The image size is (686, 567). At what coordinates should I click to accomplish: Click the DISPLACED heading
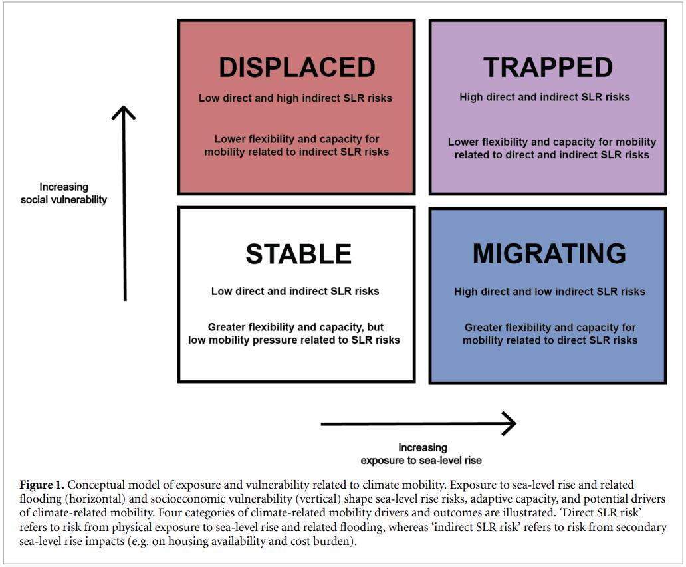click(x=296, y=68)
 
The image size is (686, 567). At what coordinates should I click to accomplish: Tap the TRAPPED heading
click(x=548, y=68)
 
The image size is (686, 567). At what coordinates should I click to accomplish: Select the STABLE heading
click(x=298, y=254)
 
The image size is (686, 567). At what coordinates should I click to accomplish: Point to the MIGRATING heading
click(x=549, y=253)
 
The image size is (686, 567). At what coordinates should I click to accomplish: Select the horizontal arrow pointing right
click(x=418, y=423)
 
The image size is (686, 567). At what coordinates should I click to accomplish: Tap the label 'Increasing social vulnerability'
click(x=64, y=193)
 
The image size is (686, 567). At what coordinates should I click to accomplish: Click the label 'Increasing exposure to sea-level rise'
click(x=422, y=453)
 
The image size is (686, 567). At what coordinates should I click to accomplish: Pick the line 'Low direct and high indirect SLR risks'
click(x=295, y=98)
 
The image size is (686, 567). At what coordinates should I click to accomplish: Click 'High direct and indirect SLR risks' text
click(x=544, y=97)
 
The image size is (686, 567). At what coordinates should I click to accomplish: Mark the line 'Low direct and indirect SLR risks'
click(x=295, y=291)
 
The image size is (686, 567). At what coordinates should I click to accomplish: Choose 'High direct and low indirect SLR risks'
click(x=550, y=292)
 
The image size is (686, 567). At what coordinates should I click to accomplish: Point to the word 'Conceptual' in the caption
click(x=94, y=485)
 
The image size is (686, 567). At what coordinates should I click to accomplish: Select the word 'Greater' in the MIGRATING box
click(x=484, y=328)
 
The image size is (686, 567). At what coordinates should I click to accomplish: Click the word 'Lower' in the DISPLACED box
click(x=230, y=140)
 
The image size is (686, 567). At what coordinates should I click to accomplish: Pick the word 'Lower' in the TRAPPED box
click(x=463, y=142)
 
